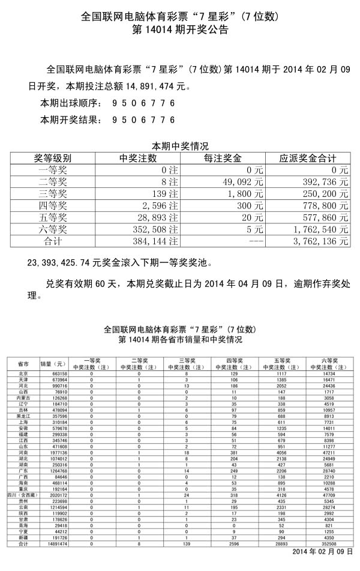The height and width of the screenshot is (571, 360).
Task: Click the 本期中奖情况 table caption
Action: click(179, 146)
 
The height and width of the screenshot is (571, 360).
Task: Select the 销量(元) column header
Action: click(53, 364)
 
